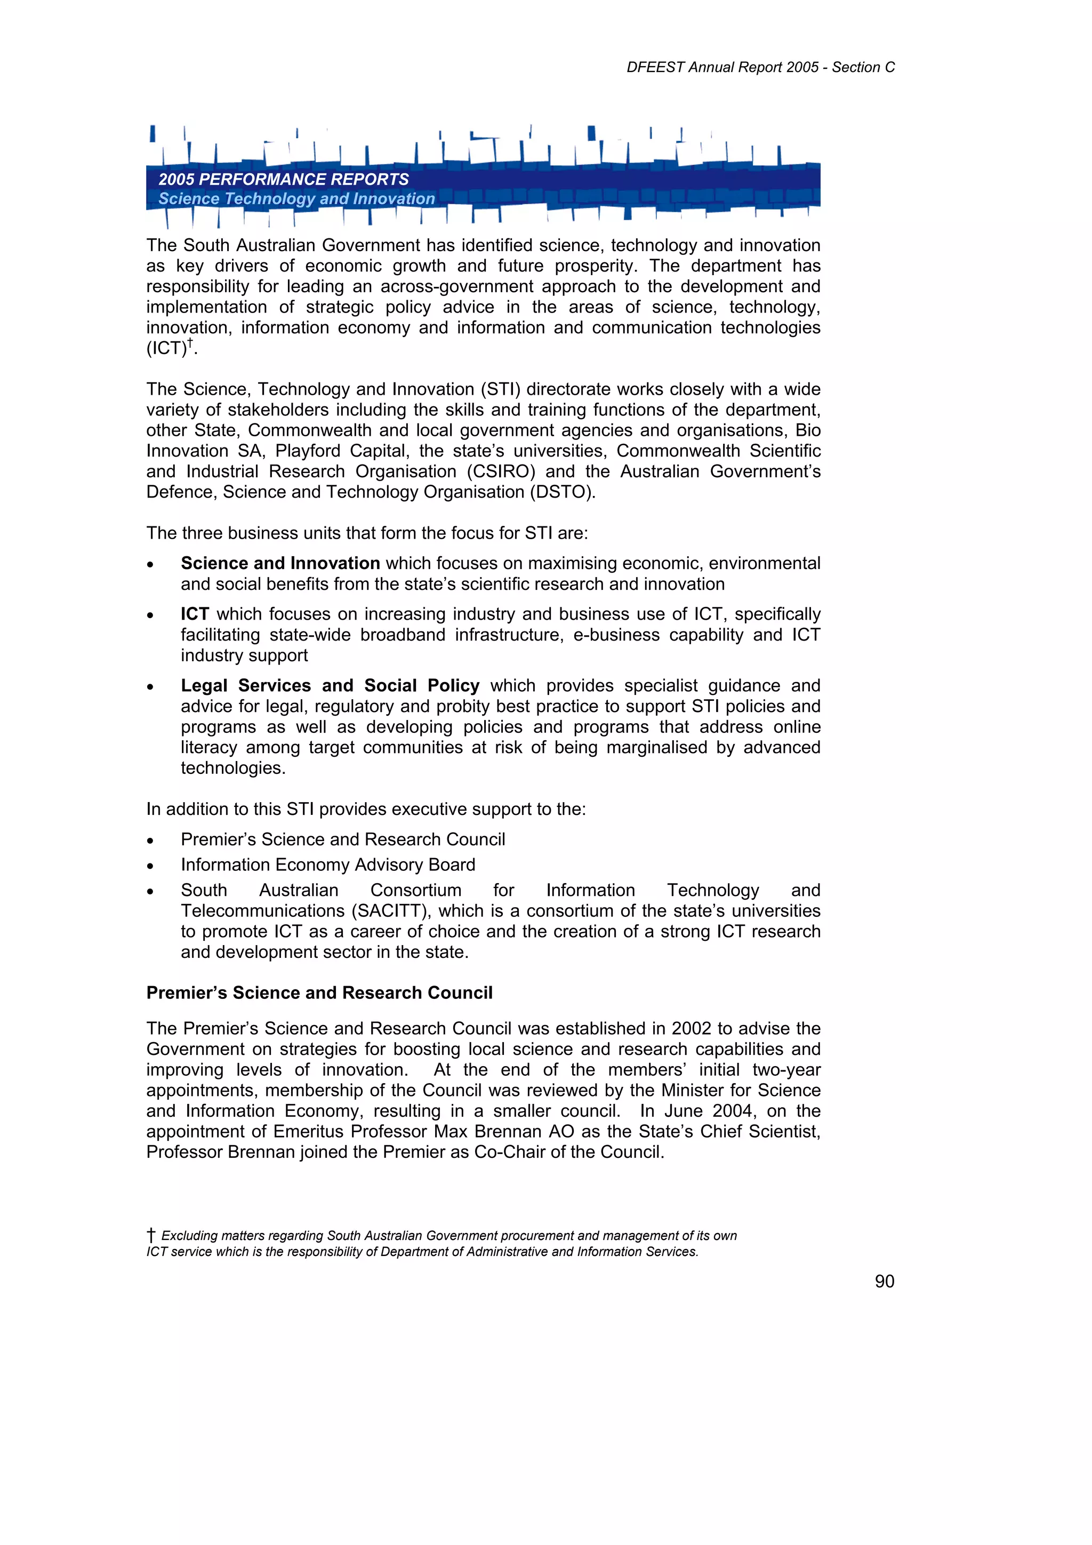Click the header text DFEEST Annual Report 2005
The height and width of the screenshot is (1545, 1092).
(722, 67)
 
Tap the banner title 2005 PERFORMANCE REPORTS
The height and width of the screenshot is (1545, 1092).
(283, 180)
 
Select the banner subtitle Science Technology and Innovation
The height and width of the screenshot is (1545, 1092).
(296, 199)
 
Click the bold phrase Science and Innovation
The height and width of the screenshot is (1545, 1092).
(280, 563)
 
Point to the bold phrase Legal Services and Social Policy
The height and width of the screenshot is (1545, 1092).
(330, 686)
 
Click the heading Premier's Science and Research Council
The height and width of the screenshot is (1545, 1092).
(319, 993)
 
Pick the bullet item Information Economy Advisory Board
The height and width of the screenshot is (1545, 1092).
(328, 864)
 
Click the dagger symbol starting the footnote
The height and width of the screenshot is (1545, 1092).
(151, 1236)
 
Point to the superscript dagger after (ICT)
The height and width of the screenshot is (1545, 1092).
(190, 343)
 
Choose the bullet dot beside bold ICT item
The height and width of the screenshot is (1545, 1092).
(151, 615)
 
